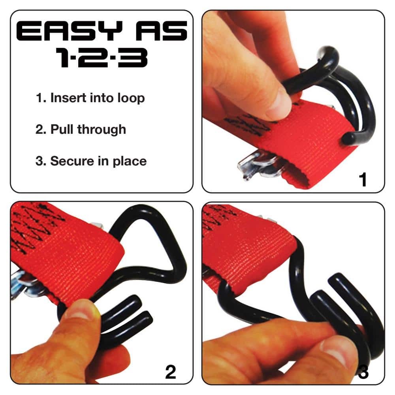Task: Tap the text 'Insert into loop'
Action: click(97, 98)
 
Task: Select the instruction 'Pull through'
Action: click(88, 129)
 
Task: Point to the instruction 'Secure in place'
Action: click(98, 161)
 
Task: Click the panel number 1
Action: click(362, 180)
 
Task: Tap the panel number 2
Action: click(170, 372)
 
